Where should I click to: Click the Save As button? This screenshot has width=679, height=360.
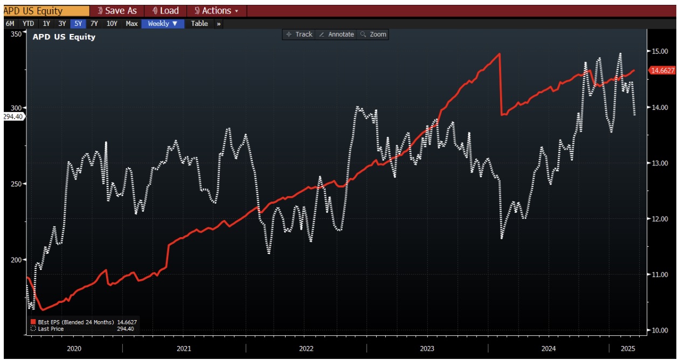(x=117, y=11)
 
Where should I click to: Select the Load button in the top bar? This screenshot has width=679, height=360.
(x=165, y=11)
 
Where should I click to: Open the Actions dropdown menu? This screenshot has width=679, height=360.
(x=216, y=11)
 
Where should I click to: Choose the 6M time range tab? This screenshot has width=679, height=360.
(x=10, y=24)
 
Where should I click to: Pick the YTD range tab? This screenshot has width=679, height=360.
(x=28, y=24)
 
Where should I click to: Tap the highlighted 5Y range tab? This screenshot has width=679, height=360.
(x=78, y=24)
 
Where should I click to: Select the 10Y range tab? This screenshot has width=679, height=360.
(x=112, y=24)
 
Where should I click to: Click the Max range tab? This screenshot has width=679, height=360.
(x=131, y=24)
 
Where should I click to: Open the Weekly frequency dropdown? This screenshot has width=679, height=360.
(x=162, y=24)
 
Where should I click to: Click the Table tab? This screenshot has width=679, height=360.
(x=199, y=24)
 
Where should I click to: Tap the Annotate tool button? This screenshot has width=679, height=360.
(x=336, y=34)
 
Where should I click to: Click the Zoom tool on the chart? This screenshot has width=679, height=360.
(x=373, y=34)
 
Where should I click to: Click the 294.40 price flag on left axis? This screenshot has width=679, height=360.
(x=13, y=116)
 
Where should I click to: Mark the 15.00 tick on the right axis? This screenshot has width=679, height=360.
(x=660, y=51)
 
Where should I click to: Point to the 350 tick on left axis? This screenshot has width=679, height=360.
(x=16, y=34)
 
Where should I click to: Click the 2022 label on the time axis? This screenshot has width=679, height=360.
(x=306, y=349)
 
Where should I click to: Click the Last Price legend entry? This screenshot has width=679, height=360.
(x=51, y=328)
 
